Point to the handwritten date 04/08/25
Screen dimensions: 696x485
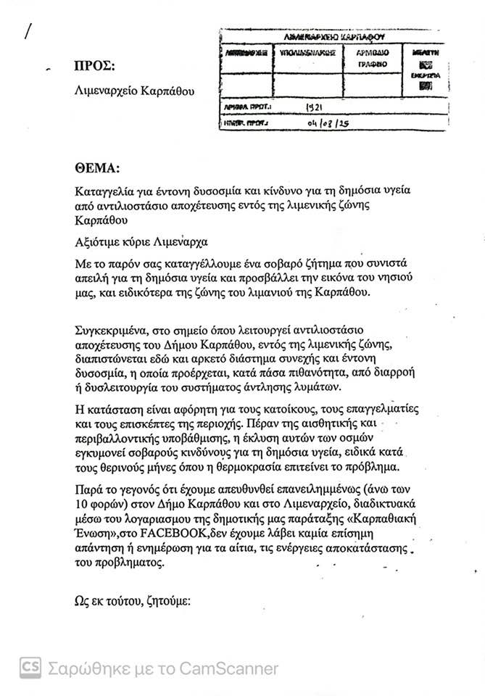point(331,124)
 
